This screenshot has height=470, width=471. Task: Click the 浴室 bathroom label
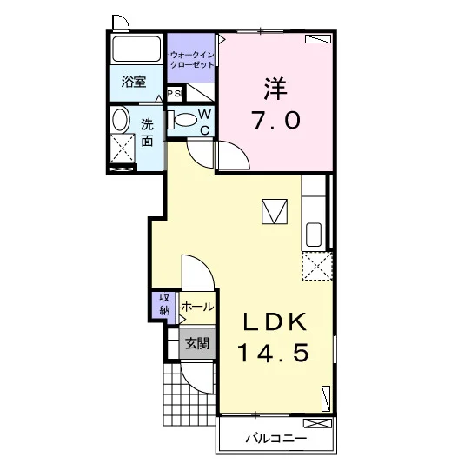134,82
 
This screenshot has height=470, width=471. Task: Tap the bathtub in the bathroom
136,49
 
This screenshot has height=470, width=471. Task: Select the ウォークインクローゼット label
192,60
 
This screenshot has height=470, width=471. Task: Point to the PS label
174,94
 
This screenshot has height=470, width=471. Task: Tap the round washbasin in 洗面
121,120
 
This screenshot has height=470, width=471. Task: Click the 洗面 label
147,132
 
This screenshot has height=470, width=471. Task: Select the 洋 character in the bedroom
275,89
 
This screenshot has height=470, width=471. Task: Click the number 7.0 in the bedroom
276,120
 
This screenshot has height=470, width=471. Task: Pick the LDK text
275,321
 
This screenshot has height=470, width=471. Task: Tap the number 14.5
274,353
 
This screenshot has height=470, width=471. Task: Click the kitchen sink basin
314,235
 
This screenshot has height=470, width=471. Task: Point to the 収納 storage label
164,304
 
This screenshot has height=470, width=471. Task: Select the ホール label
197,307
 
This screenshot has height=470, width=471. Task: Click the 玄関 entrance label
197,343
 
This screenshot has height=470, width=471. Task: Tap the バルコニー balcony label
276,439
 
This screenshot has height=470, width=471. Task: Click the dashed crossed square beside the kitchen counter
317,267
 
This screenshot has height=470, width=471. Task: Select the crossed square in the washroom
123,149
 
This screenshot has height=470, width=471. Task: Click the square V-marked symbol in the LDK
275,211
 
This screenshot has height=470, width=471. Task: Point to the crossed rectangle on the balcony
317,423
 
